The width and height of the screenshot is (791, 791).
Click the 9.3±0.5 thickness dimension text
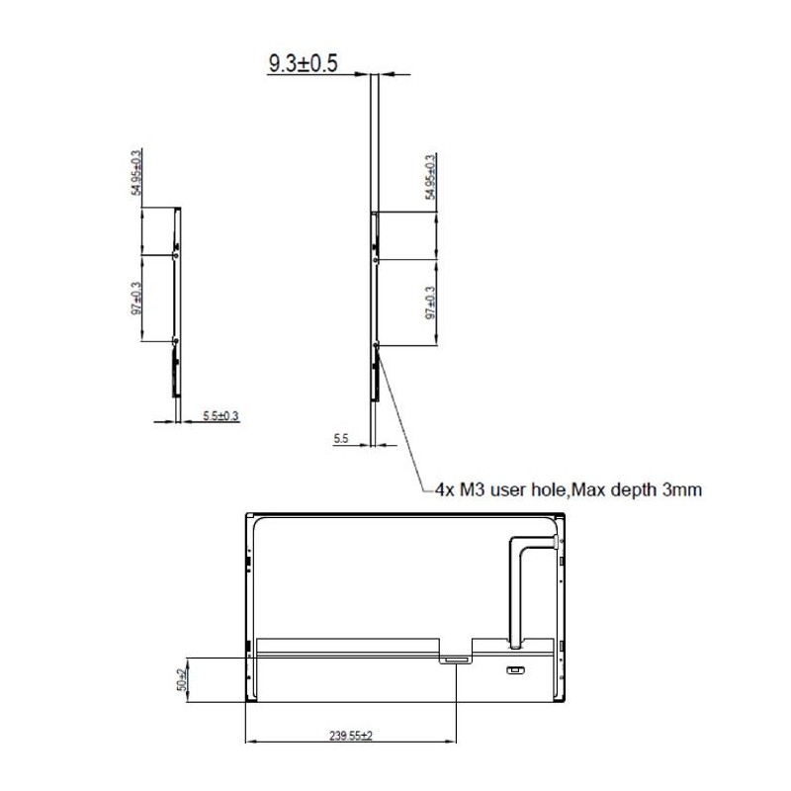click(x=303, y=64)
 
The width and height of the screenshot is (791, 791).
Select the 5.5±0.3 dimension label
click(x=220, y=416)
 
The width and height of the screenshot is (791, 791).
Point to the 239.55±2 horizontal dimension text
click(x=350, y=736)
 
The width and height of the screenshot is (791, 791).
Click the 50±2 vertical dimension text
click(x=182, y=679)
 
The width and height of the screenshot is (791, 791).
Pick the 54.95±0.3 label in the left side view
click(x=137, y=173)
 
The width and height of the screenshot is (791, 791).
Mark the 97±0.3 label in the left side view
click(x=137, y=300)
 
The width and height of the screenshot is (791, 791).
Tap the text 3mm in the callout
click(x=681, y=488)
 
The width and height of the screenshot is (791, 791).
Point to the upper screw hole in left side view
click(x=175, y=254)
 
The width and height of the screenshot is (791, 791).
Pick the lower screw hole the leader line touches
click(x=376, y=345)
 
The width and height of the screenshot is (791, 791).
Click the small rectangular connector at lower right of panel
click(x=514, y=671)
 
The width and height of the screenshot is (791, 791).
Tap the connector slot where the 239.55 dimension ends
click(x=455, y=658)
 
